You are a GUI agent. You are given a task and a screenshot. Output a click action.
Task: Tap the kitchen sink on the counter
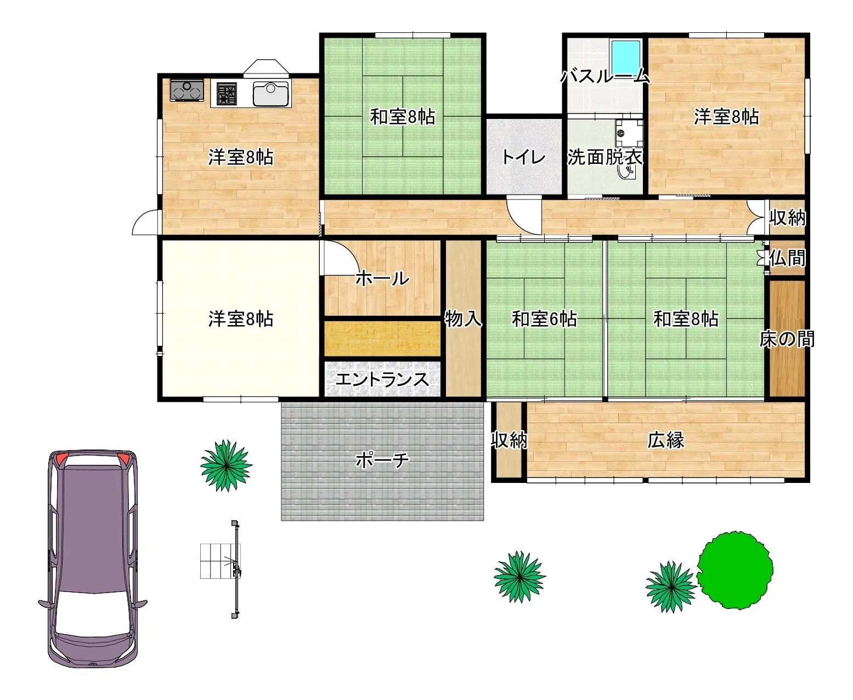(271, 94)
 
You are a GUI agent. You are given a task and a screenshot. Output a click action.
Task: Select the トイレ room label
(524, 157)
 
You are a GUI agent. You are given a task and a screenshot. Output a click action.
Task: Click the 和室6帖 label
(544, 318)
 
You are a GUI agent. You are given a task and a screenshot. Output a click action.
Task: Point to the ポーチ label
(382, 460)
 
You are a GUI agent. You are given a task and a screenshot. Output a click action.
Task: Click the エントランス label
(382, 379)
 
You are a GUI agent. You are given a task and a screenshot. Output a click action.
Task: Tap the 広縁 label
(666, 440)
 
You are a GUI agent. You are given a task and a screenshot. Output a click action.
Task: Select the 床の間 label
(787, 339)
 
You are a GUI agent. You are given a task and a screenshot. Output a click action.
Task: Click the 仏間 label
(787, 258)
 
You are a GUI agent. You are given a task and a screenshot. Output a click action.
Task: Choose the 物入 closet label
(463, 318)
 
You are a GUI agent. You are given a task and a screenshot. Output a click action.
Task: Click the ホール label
(382, 278)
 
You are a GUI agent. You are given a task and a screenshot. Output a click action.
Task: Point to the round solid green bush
(735, 570)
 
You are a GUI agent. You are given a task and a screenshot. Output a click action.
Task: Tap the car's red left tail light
(61, 459)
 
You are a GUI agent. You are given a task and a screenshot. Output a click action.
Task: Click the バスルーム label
(605, 76)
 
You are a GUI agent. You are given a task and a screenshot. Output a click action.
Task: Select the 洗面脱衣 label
(605, 157)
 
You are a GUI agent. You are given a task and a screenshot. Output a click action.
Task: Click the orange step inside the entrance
(382, 339)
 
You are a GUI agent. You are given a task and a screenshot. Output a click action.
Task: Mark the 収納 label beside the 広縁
(509, 440)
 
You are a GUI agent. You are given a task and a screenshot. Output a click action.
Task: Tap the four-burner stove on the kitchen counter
(227, 94)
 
